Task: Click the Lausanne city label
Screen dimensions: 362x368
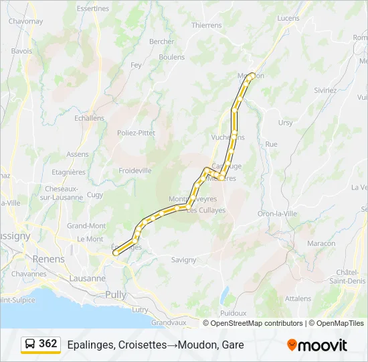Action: (88, 278)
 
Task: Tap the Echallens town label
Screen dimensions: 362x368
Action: (90, 118)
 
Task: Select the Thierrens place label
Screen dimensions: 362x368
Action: (206, 25)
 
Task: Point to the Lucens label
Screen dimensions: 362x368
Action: (288, 18)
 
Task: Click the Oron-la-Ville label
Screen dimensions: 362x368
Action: (277, 213)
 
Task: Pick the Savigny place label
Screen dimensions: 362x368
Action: (183, 259)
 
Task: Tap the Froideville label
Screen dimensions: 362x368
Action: (135, 171)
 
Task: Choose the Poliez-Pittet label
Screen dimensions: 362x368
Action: (136, 133)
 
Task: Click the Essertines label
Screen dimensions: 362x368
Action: (93, 9)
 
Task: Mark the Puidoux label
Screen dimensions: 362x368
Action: (233, 313)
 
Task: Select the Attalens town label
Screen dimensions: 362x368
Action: (298, 298)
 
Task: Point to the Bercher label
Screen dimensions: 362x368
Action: (162, 42)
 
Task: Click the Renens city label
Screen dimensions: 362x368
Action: (49, 259)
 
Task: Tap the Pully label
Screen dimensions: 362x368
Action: (116, 294)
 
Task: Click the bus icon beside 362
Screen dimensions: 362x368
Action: (31, 344)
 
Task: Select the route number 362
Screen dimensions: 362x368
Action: (48, 344)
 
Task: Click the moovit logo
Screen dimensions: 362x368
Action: (317, 345)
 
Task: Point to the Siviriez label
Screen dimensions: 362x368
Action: (325, 90)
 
